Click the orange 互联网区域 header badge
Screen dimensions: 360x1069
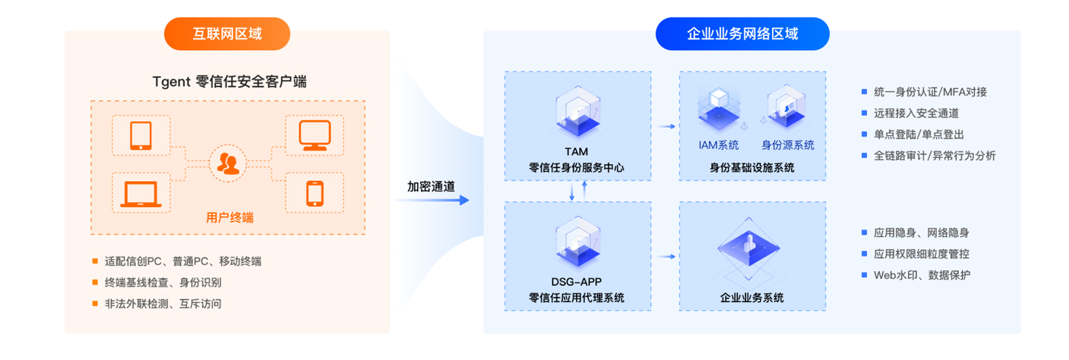pos(227,34)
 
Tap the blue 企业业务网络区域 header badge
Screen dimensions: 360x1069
pos(742,34)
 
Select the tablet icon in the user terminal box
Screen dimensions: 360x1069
pos(140,136)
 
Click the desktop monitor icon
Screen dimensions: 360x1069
pos(313,136)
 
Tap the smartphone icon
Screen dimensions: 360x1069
pos(315,193)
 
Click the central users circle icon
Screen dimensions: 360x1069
pos(228,164)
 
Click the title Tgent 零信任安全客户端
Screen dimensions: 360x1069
pos(228,82)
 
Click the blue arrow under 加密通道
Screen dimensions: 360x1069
pos(438,200)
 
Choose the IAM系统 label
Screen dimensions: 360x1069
pos(718,145)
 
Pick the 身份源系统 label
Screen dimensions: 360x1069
pos(788,145)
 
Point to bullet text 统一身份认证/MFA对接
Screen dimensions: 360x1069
pos(929,92)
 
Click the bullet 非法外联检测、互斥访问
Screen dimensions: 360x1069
pos(163,304)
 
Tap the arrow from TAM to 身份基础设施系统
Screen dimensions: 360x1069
pos(666,127)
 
